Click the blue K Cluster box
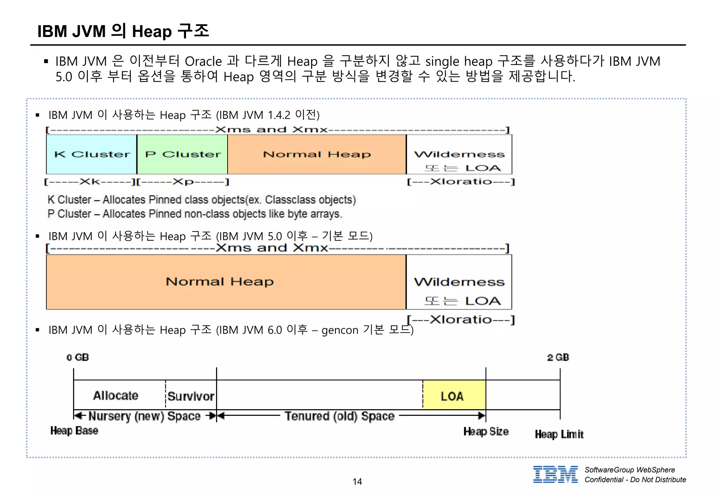92,154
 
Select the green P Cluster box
182,154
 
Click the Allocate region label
116,396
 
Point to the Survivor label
191,396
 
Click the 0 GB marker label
78,357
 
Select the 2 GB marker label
558,357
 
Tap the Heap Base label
74,431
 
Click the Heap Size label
486,432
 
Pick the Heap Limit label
559,434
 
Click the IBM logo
555,474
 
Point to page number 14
357,482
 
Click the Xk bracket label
89,182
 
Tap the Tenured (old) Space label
339,416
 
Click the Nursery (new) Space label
144,416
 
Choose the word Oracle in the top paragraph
203,62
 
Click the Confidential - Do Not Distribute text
635,480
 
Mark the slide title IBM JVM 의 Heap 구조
123,31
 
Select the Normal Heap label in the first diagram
317,154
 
